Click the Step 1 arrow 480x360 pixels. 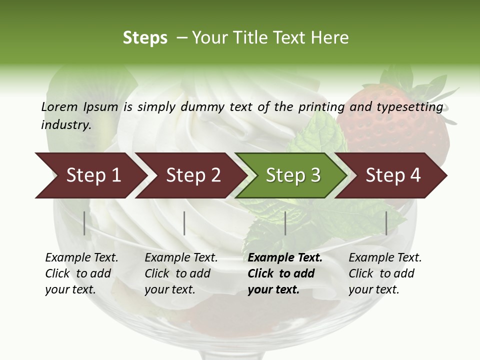(x=90, y=175)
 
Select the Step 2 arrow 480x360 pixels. (x=190, y=175)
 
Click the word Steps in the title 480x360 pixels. (x=145, y=38)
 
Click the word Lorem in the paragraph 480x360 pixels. (x=59, y=106)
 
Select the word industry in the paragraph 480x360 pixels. (x=65, y=124)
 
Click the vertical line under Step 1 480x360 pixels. (x=84, y=223)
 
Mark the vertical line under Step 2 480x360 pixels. (x=184, y=223)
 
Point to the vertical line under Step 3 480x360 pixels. (x=285, y=223)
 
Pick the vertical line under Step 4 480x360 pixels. (x=386, y=223)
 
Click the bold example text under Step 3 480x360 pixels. (x=284, y=273)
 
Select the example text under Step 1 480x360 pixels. (x=81, y=273)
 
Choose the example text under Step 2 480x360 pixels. (x=180, y=273)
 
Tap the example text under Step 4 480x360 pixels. (x=384, y=273)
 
